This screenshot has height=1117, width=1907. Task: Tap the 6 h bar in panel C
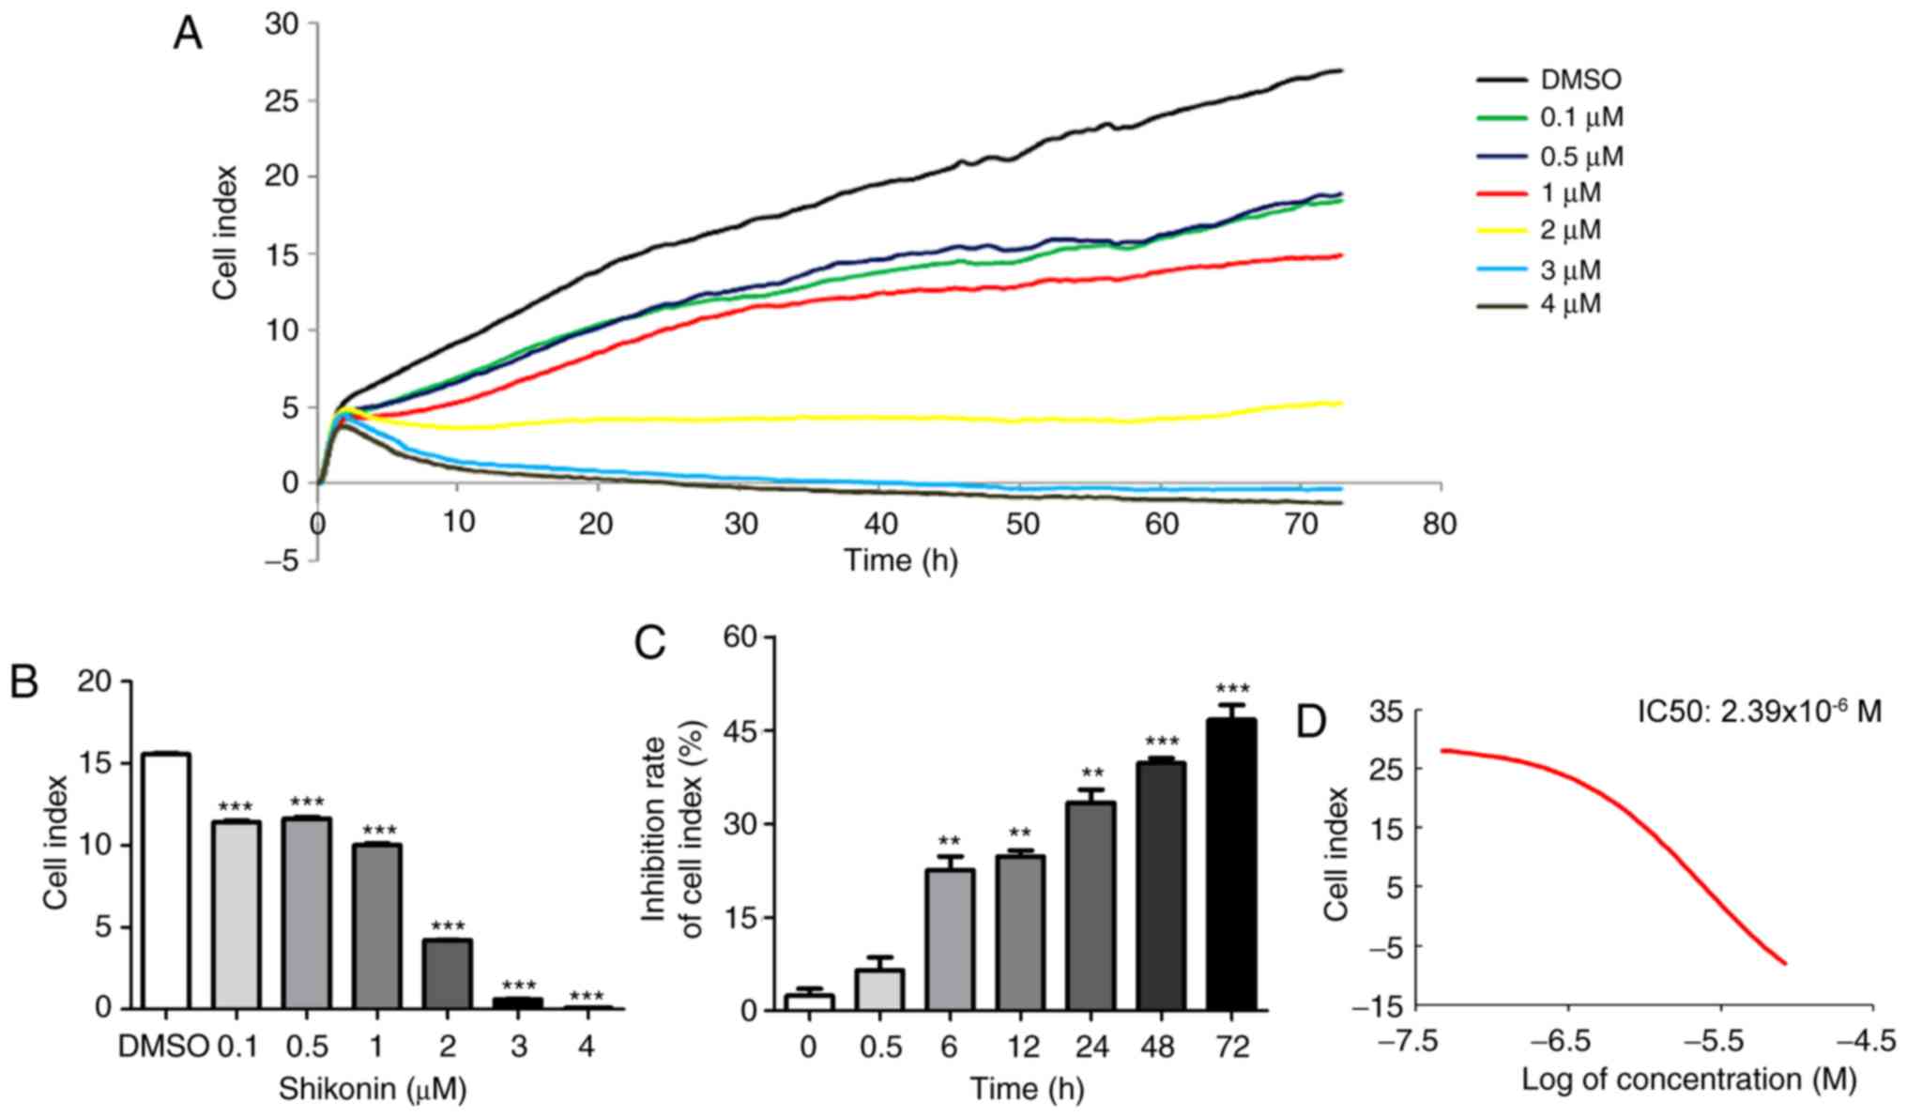coord(949,939)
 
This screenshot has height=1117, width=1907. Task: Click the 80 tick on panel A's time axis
coord(1440,523)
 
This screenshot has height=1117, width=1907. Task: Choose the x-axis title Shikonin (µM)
coord(373,1089)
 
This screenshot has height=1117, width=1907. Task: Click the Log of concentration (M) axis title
coord(1688,1079)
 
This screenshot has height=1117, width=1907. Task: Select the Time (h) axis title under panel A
coord(901,560)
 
